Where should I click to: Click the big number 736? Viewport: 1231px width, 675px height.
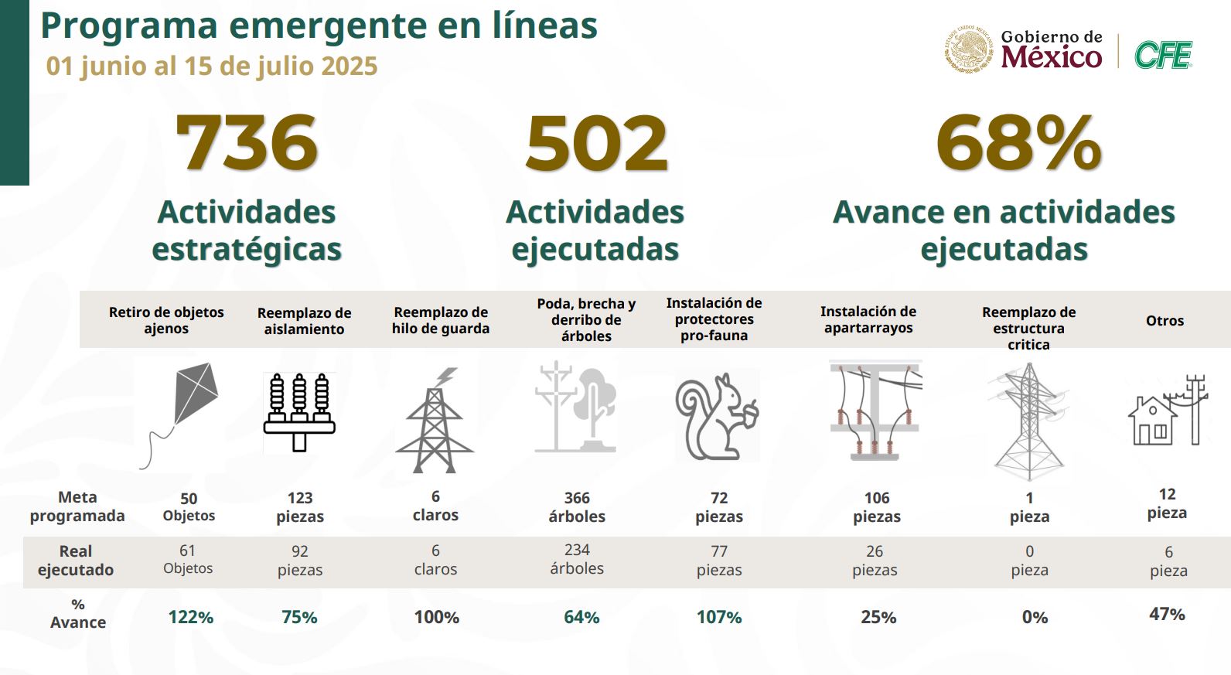247,143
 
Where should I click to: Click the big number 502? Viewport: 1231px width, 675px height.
596,143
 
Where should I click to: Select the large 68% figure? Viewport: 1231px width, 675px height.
1018,143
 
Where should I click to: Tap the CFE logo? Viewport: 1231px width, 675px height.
1163,55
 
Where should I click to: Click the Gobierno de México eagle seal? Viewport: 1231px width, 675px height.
968,50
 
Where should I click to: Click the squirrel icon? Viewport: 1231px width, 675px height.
716,415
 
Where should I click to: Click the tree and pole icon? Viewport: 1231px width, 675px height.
577,407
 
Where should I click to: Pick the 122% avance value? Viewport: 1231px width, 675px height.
191,617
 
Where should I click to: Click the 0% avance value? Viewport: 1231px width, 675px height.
1035,617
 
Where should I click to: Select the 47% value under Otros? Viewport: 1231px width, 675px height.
1167,614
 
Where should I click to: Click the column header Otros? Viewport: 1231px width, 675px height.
1165,320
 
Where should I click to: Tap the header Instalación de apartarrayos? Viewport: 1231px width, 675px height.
868,319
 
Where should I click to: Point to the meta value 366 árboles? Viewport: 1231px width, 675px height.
577,507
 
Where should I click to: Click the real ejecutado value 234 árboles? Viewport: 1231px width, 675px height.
577,559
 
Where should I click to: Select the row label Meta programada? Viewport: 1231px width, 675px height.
77,506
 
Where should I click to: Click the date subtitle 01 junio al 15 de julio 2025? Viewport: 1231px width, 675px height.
212,66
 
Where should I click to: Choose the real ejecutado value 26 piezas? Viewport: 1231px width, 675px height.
875,561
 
